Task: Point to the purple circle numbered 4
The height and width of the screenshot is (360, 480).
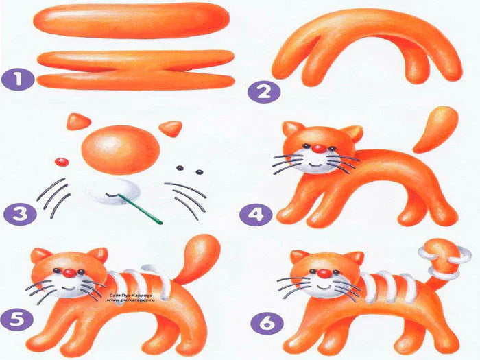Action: (254, 214)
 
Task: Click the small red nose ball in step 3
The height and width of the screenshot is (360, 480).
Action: (61, 162)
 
